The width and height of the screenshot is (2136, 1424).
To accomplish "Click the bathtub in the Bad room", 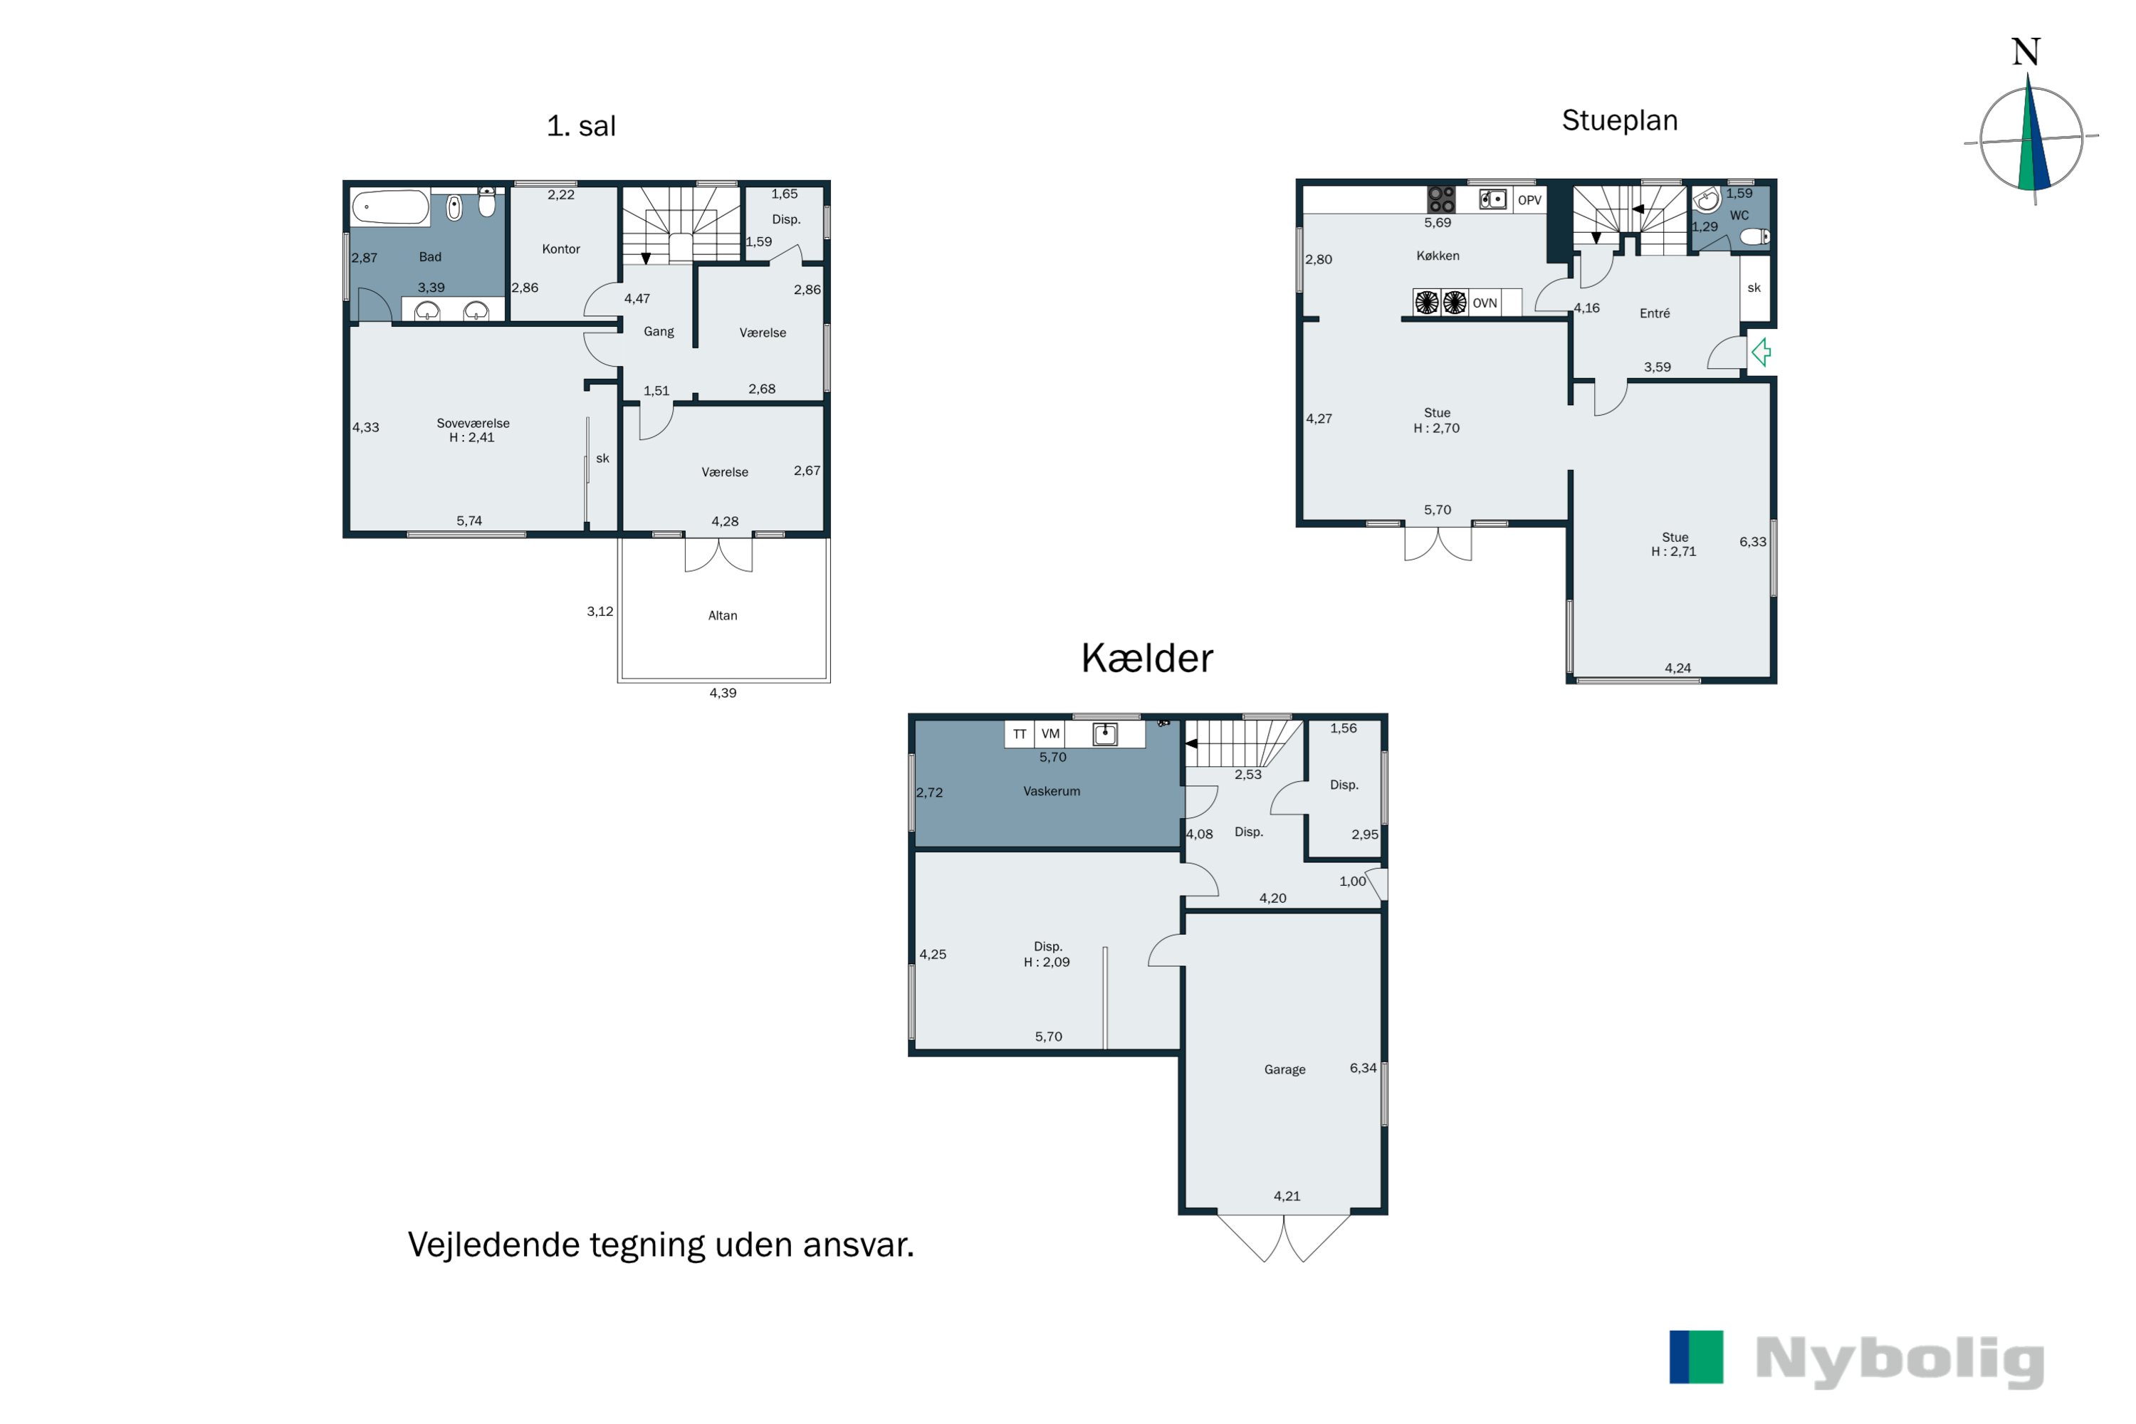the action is click(390, 207).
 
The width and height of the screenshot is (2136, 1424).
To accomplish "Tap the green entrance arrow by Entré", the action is click(1761, 352).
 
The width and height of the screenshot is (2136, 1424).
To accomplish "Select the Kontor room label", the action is click(560, 248).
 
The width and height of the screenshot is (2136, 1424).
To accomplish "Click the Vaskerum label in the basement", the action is click(1052, 791).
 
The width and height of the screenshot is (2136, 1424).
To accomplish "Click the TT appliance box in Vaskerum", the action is click(1020, 734).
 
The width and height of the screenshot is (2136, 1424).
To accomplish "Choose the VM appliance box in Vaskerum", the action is click(1049, 734).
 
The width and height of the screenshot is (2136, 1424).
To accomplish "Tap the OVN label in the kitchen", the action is click(1485, 303).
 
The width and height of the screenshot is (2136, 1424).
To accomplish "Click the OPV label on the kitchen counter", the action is click(1529, 200).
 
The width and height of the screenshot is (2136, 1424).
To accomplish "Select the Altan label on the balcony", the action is click(722, 616).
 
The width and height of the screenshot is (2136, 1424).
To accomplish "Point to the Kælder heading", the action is click(1146, 657).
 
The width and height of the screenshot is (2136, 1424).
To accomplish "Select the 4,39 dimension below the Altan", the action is click(722, 693).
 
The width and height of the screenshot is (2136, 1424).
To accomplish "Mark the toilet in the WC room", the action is click(1754, 237).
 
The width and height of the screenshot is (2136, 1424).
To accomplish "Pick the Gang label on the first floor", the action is click(659, 333).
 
